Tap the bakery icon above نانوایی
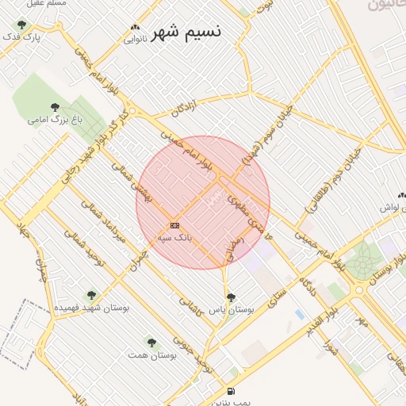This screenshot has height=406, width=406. click(135, 26)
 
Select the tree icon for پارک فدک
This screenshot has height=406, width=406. click(21, 25)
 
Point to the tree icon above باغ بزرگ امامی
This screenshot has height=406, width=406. click(55, 107)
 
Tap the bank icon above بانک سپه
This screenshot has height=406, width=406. click(174, 225)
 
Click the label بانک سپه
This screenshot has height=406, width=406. click(174, 237)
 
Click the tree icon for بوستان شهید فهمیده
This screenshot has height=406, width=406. click(91, 294)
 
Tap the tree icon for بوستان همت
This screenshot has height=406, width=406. click(151, 343)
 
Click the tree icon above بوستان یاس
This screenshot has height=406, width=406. click(231, 297)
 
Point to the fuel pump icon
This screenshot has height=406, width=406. click(231, 391)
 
